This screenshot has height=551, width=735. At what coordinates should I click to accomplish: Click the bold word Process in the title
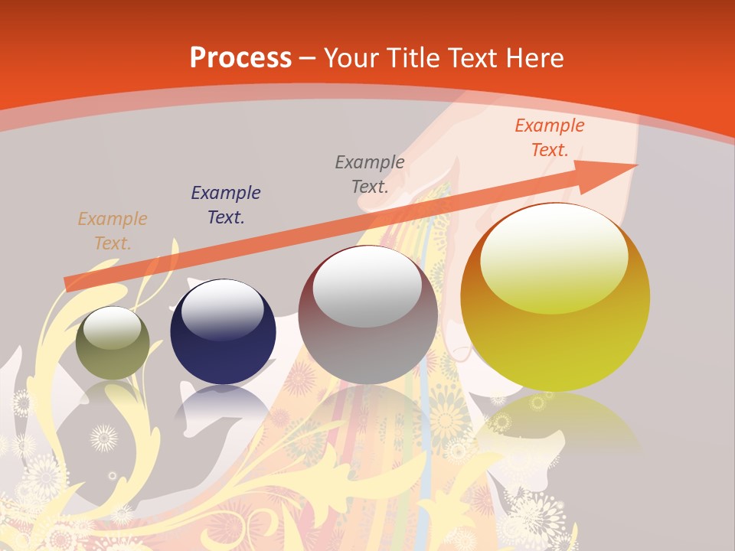[x=240, y=58]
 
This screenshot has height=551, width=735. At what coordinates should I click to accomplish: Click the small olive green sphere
[x=113, y=343]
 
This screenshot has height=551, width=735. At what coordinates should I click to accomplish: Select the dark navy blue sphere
[x=223, y=332]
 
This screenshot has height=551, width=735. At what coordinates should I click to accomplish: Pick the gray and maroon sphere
[x=368, y=315]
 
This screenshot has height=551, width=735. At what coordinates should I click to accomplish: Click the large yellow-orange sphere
[x=555, y=298]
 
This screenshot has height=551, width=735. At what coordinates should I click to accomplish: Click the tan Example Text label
[x=113, y=231]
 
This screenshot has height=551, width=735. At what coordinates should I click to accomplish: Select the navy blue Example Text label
[x=226, y=205]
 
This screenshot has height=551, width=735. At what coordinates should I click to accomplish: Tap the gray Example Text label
[x=370, y=174]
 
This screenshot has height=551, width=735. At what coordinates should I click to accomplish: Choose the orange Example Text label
[x=550, y=138]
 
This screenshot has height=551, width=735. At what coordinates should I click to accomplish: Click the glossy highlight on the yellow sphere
[x=554, y=259]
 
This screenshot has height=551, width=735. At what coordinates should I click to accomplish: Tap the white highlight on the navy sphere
[x=222, y=307]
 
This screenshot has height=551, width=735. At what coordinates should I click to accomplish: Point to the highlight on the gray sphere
[x=367, y=284]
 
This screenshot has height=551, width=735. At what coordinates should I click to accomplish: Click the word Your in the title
[x=353, y=58]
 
